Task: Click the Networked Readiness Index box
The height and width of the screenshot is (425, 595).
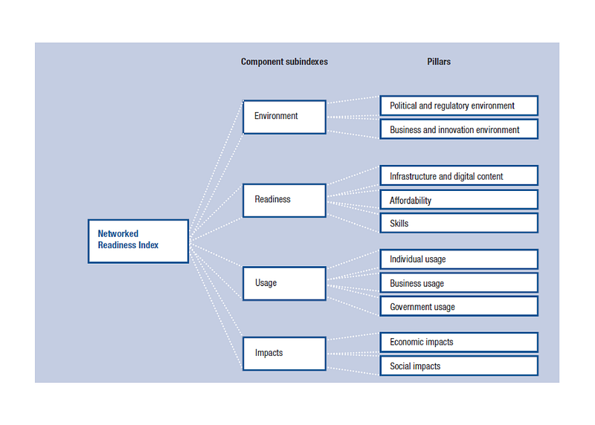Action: tap(138, 241)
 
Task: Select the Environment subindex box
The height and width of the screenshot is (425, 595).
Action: tap(284, 117)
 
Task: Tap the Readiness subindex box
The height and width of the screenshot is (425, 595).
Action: tap(284, 200)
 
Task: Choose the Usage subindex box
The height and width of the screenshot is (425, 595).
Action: tap(284, 283)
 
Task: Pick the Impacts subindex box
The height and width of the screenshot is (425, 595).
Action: tap(284, 354)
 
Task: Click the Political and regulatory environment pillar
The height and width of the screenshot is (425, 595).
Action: tap(459, 106)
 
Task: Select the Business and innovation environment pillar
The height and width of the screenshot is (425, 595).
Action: tap(459, 129)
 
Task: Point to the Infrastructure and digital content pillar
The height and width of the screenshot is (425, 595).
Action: tap(459, 175)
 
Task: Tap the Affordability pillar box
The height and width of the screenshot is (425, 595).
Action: tap(459, 200)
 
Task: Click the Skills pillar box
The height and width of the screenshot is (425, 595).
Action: tap(459, 223)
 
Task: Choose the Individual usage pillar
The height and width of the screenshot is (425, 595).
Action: tap(459, 259)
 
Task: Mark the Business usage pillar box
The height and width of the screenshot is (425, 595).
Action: tap(459, 283)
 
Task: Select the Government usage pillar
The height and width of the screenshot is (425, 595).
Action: tap(459, 306)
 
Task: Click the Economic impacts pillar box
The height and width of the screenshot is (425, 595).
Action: tap(459, 342)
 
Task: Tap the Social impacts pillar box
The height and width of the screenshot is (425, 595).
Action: tap(459, 366)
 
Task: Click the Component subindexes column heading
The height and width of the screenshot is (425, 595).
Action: tap(284, 62)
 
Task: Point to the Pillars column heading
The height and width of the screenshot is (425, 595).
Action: tap(439, 62)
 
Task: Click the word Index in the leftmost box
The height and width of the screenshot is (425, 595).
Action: tap(148, 245)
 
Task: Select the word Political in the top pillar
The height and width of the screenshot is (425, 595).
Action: tap(403, 106)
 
